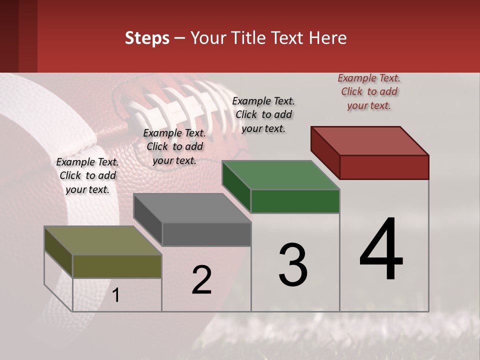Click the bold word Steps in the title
click(147, 38)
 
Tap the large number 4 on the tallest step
click(381, 250)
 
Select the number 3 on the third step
click(292, 265)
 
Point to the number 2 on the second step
click(202, 280)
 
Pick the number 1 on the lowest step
click(116, 295)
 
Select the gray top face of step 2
click(192, 208)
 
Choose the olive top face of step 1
click(103, 240)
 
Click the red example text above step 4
click(369, 91)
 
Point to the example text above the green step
click(263, 114)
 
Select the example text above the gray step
click(174, 146)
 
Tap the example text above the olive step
click(87, 176)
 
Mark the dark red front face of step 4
click(384, 167)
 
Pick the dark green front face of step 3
click(295, 201)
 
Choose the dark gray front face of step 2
click(206, 234)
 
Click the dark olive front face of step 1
click(117, 266)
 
